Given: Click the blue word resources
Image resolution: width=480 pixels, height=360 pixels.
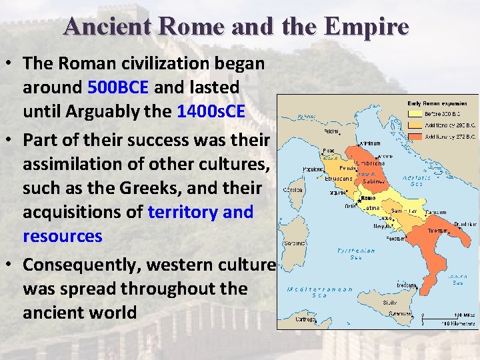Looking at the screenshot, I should click(x=63, y=237).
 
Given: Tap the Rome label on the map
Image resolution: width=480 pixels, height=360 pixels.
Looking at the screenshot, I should click(x=369, y=198).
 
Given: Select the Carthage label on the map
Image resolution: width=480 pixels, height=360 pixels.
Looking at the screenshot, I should click(x=289, y=319).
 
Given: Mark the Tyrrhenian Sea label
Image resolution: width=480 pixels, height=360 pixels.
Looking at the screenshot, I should click(x=357, y=254).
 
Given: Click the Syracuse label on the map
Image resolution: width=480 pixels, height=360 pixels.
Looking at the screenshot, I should click(x=400, y=313).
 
